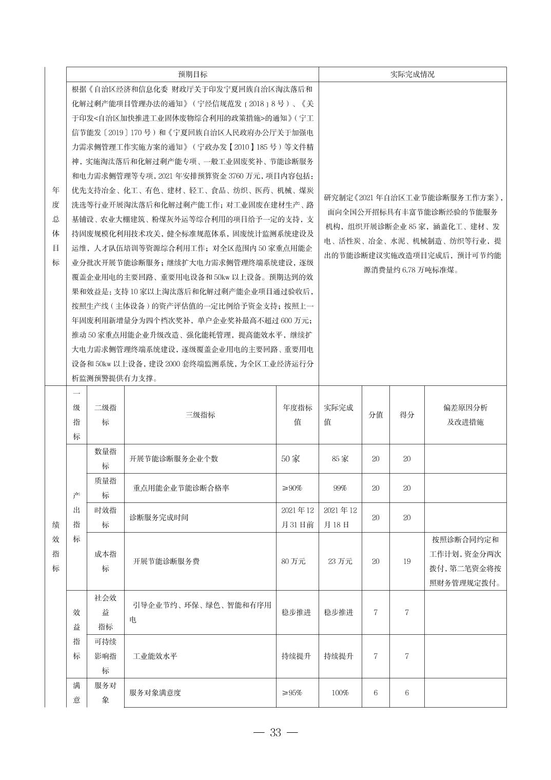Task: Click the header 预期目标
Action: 192,74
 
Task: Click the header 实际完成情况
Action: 412,74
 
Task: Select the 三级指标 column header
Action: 200,415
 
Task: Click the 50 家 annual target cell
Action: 290,459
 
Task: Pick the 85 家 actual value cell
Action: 340,459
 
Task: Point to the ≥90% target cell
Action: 292,488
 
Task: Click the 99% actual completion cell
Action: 340,488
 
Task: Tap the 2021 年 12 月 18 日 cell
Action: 340,517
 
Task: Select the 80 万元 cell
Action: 293,561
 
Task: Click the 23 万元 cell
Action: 340,561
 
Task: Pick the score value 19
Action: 407,561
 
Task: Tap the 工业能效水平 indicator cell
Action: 155,656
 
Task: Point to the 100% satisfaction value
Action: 340,693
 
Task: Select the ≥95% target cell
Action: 292,693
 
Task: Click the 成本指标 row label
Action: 105,561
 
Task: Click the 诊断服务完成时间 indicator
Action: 159,517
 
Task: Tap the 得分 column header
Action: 407,415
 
